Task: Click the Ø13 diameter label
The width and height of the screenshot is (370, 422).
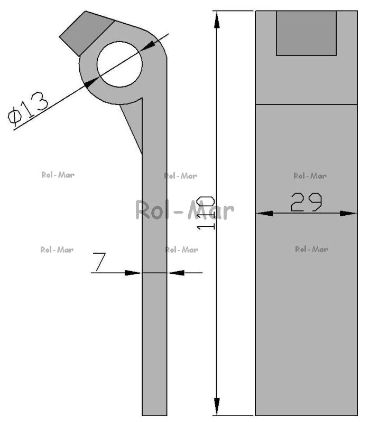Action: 28,109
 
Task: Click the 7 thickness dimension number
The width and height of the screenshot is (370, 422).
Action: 99,262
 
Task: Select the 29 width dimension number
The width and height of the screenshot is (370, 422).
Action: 307,202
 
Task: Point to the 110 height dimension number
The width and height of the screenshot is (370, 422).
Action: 206,213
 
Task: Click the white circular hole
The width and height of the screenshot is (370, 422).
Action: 119,64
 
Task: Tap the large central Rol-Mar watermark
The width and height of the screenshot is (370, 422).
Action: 184,210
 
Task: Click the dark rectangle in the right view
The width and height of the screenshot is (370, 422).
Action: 306,33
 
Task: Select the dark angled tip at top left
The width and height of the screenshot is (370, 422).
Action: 86,33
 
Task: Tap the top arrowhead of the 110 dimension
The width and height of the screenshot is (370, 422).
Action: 217,20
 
